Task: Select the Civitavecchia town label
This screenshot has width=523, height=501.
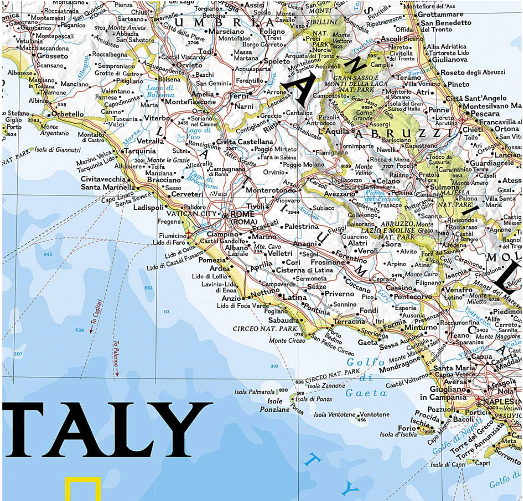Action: coord(103,179)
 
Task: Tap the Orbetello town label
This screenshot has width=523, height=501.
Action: coord(67,114)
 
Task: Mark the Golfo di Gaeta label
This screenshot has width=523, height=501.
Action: coord(366,377)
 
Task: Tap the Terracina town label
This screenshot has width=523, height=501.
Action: coord(349,322)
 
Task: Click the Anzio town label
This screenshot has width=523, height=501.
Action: coord(231,298)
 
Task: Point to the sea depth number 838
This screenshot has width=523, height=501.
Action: coord(79,330)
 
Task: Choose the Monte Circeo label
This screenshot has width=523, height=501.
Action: coord(287,341)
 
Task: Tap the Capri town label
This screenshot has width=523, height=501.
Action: coord(482,463)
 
